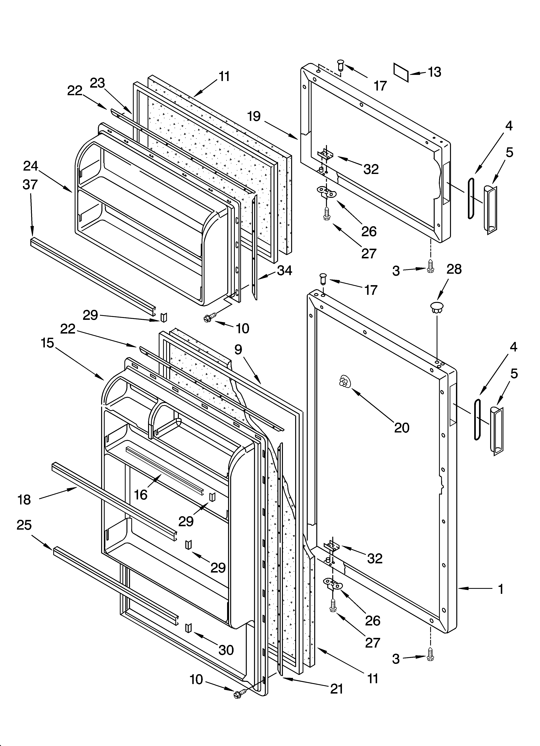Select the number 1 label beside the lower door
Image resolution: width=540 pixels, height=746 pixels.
coord(500,589)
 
